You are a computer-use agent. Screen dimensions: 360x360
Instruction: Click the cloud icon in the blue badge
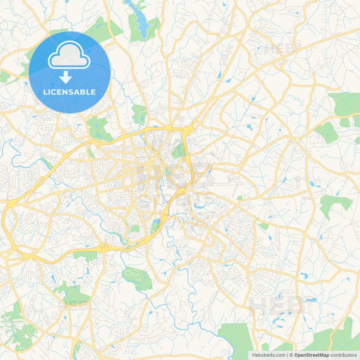point(69,55)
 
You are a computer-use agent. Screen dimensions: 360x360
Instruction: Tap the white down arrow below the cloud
point(66,77)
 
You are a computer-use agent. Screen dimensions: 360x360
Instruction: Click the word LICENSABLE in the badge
point(69,92)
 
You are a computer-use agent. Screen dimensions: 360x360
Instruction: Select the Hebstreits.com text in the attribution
point(269,355)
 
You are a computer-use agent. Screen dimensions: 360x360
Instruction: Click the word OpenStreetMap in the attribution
point(311,355)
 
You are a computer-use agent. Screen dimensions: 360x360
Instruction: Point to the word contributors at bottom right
point(343,355)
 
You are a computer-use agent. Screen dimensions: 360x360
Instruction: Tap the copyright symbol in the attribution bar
point(291,355)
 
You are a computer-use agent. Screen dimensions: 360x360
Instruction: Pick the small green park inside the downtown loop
point(178,150)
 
